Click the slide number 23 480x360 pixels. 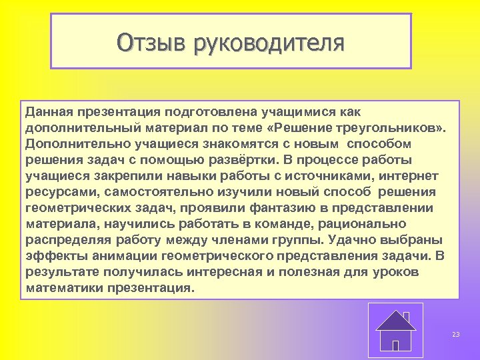pos(456,334)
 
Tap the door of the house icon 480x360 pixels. pos(395,346)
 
